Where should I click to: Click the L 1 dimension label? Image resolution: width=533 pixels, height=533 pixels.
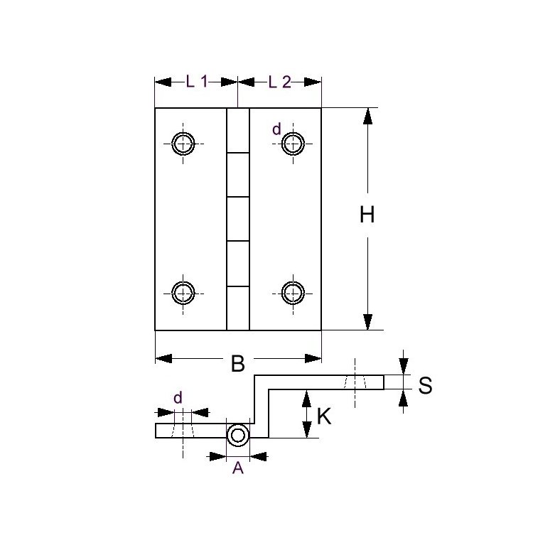tap(195, 82)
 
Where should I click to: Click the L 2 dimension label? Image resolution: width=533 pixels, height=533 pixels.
tap(279, 82)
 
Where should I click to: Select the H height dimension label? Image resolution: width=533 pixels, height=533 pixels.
tap(367, 215)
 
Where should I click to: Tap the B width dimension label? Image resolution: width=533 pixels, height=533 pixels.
tap(238, 364)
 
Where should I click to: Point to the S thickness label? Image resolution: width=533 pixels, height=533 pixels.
tap(425, 385)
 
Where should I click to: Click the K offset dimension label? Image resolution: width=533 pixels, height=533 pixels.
tap(324, 416)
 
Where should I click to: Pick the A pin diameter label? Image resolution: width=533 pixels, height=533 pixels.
tap(238, 468)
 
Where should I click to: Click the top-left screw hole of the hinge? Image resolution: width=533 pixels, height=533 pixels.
tap(184, 144)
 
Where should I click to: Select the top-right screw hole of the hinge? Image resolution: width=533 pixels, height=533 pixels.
tap(292, 144)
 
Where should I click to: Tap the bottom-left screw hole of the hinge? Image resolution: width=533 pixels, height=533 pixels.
tap(184, 292)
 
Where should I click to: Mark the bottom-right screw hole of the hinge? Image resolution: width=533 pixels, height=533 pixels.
tap(292, 292)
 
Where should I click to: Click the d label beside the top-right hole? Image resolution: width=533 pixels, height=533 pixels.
tap(276, 129)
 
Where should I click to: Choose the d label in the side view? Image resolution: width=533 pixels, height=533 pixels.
tap(177, 399)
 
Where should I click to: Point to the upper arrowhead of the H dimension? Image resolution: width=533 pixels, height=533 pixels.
tap(367, 117)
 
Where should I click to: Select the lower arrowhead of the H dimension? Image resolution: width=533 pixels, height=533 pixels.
tap(367, 322)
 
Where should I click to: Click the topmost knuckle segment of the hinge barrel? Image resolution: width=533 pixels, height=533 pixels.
tap(238, 130)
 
